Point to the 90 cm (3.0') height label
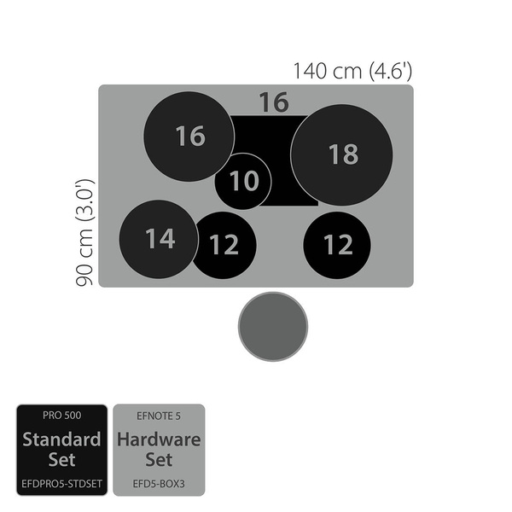pos(84,231)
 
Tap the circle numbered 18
pos(341,154)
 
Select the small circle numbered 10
pos(243,181)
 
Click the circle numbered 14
pos(159,239)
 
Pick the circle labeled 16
pos(189,137)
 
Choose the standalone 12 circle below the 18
pos(337,245)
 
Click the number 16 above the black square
pos(273,102)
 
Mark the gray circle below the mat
pos(271,326)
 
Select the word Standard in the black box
pos(61,440)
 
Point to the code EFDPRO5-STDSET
pos(61,482)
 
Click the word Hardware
pos(159,440)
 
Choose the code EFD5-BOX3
pos(159,482)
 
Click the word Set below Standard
pos(61,460)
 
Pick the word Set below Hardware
pos(159,460)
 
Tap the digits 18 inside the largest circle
pos(342,154)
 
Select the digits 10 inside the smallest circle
pos(244,181)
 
